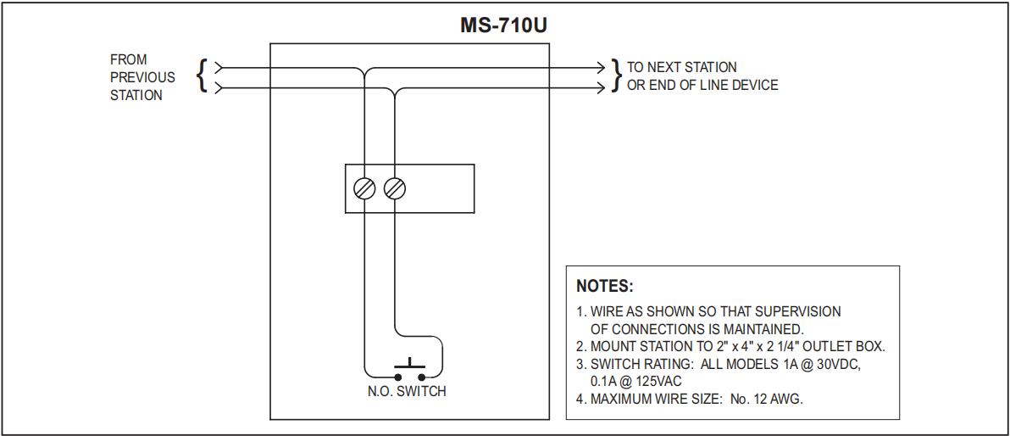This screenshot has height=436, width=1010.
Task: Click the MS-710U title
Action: [503, 25]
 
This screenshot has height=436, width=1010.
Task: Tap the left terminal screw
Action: [364, 188]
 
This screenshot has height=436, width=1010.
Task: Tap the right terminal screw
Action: [394, 188]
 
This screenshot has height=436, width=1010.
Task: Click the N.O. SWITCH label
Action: [407, 392]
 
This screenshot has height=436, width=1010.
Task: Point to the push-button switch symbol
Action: [409, 370]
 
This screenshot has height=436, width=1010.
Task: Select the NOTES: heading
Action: [605, 286]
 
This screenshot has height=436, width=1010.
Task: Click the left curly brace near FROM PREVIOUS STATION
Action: [202, 75]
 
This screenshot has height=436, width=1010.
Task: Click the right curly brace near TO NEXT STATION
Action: [616, 75]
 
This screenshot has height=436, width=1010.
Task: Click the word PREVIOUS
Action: [142, 77]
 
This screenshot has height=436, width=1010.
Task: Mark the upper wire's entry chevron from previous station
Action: [219, 67]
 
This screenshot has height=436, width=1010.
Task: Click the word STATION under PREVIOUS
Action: [136, 95]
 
